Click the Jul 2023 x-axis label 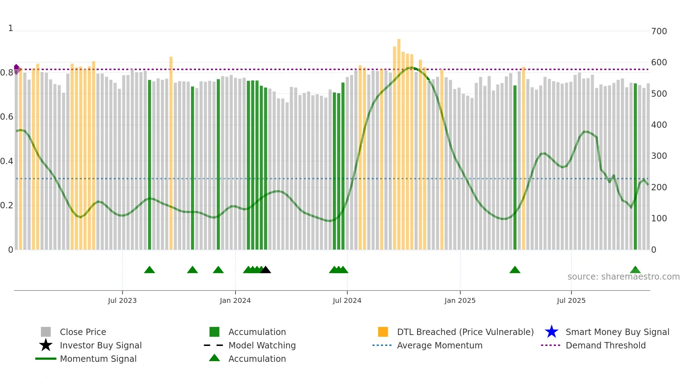[122, 300]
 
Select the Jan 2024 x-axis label [235, 300]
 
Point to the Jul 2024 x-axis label [347, 300]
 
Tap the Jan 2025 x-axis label [460, 300]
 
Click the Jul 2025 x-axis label [571, 300]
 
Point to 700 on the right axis [659, 31]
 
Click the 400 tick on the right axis [659, 125]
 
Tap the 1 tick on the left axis [11, 28]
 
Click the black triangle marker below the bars [265, 270]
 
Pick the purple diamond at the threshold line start [16, 68]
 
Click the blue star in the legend [551, 332]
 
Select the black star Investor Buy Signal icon [46, 345]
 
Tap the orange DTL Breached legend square [383, 332]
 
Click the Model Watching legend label [262, 345]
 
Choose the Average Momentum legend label [440, 345]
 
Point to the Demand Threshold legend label [605, 345]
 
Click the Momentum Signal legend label [98, 359]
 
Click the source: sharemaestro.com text [623, 277]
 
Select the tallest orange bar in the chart [399, 141]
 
